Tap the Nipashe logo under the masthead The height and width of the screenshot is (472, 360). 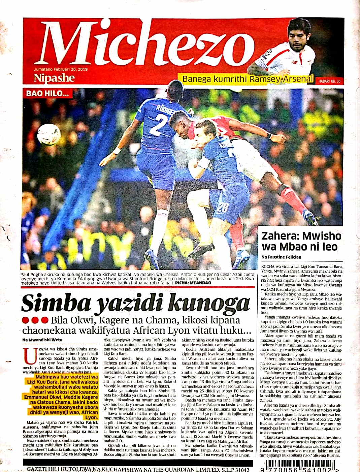click(x=54, y=78)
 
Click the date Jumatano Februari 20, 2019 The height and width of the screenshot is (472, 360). click(x=61, y=69)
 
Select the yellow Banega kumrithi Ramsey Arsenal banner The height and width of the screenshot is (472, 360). click(x=248, y=79)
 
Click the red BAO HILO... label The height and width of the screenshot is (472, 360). click(x=47, y=93)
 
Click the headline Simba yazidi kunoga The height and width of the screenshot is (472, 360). click(x=135, y=302)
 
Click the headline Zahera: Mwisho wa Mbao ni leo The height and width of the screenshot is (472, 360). click(x=301, y=241)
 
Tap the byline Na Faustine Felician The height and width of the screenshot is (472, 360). click(x=281, y=257)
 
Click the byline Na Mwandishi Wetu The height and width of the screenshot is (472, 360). click(x=42, y=340)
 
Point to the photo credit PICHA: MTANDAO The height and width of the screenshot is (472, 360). click(x=188, y=283)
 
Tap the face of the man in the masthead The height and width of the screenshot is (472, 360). click(x=298, y=35)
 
